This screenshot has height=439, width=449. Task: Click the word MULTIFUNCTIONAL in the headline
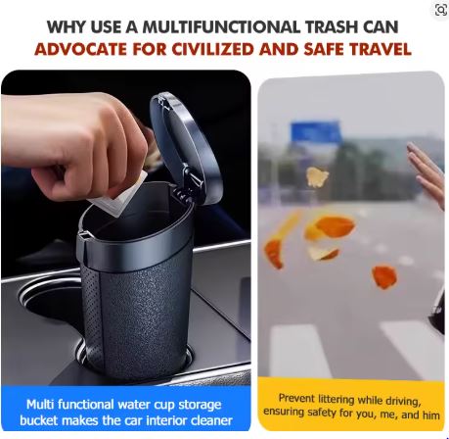(x=221, y=26)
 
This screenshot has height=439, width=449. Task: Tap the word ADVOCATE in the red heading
(x=81, y=49)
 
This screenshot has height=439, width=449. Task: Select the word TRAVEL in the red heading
(x=381, y=49)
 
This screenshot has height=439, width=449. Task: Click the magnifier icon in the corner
(x=441, y=10)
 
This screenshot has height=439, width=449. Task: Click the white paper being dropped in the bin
(x=119, y=194)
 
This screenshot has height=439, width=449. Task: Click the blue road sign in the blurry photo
(x=315, y=132)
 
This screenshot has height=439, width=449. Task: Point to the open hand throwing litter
(x=427, y=174)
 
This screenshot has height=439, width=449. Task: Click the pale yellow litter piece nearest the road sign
(x=317, y=177)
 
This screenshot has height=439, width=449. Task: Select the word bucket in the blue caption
(x=39, y=420)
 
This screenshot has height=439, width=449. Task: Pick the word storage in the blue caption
(x=200, y=406)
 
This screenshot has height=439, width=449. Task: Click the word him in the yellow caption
(x=430, y=415)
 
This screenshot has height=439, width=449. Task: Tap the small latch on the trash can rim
(x=84, y=234)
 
